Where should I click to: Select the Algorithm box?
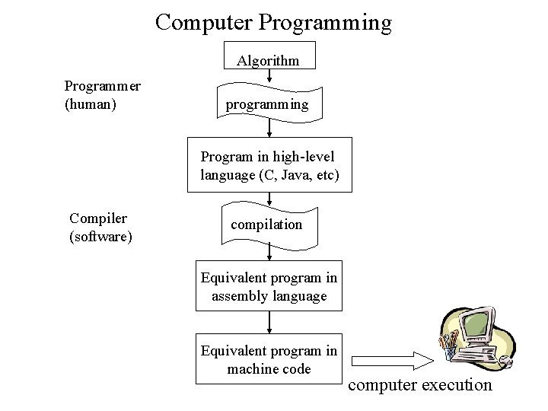(x=268, y=59)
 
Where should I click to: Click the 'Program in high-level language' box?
(x=269, y=166)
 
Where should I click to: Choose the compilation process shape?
(x=267, y=225)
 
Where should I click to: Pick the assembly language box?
(x=268, y=287)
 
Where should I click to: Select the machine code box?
(x=269, y=359)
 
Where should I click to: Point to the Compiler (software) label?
(x=100, y=228)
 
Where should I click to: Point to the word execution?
(x=457, y=385)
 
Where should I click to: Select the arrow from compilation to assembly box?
(x=269, y=255)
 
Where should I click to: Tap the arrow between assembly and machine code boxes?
(x=269, y=322)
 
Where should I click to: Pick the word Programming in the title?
(x=325, y=22)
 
